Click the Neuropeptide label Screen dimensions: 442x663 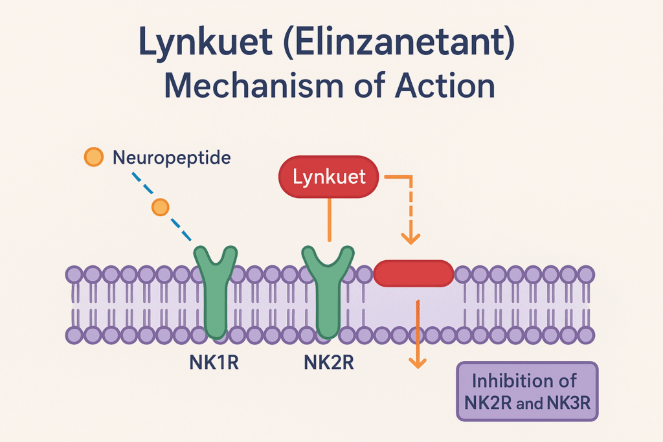coord(171,157)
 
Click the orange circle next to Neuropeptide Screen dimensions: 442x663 coord(94,157)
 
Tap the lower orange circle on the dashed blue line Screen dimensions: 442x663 coord(159,207)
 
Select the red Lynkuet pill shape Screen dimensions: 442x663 coord(329,177)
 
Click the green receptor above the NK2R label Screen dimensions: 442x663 coord(328,291)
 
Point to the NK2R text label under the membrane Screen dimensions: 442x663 coord(328,362)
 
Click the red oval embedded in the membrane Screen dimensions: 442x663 coord(414,272)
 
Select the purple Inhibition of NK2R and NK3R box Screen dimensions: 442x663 coord(527,392)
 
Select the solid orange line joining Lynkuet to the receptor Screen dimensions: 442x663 coord(330,220)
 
